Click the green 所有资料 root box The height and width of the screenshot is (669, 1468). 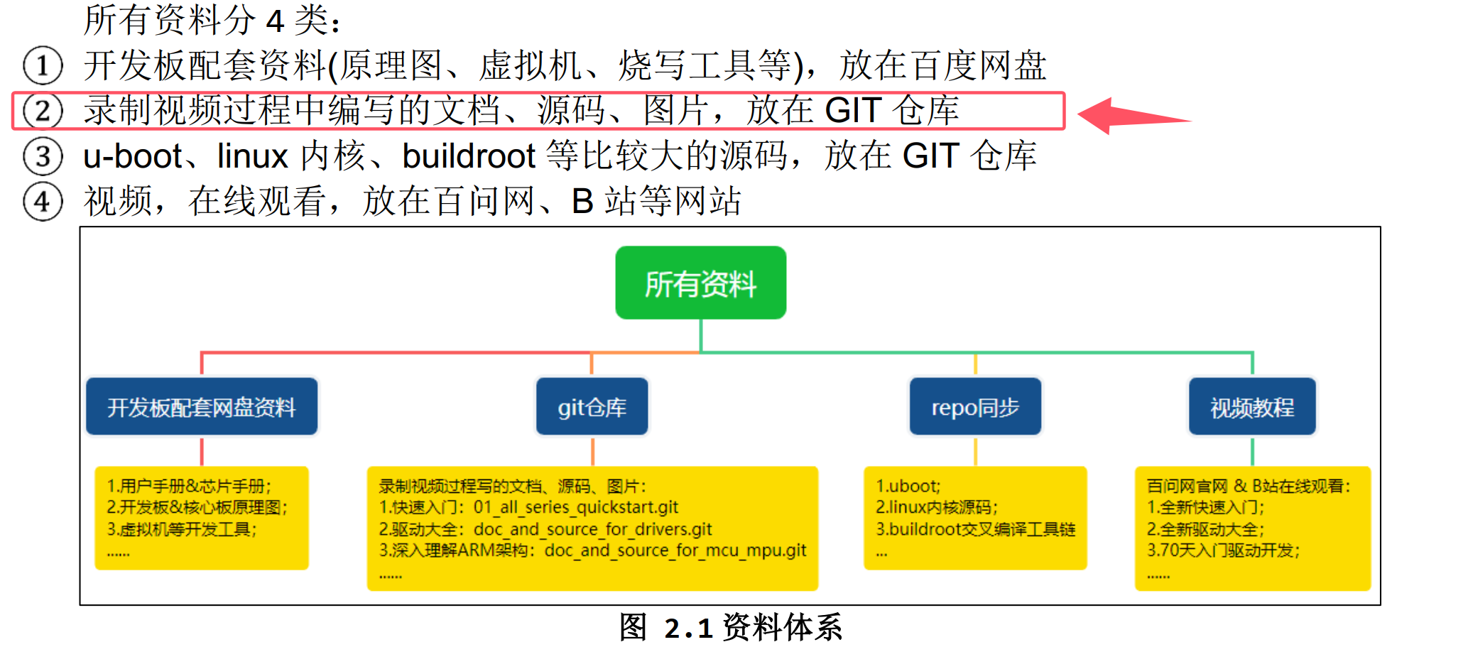(700, 283)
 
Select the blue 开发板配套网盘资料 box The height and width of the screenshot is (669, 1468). (202, 407)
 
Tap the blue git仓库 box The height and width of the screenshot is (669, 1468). (592, 407)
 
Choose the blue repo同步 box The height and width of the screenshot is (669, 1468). (975, 407)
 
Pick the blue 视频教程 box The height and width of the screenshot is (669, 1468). (1252, 407)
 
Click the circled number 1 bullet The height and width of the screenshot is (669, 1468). (43, 66)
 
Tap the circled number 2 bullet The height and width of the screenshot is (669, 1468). (43, 111)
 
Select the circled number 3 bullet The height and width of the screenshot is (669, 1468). (43, 157)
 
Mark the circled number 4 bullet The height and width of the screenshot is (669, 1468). (43, 202)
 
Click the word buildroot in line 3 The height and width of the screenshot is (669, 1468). (469, 156)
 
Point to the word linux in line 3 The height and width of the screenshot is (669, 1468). (252, 156)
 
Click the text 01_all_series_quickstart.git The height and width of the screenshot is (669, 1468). (575, 507)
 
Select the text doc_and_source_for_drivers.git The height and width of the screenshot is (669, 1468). (592, 529)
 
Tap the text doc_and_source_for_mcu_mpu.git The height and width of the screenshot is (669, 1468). (675, 550)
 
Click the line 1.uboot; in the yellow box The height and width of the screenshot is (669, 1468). (908, 486)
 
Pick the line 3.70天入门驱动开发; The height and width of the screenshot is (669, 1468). (1223, 550)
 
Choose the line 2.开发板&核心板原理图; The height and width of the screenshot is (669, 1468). (197, 507)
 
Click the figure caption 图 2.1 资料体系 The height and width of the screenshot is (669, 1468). (731, 628)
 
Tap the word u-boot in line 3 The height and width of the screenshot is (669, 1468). (133, 156)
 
